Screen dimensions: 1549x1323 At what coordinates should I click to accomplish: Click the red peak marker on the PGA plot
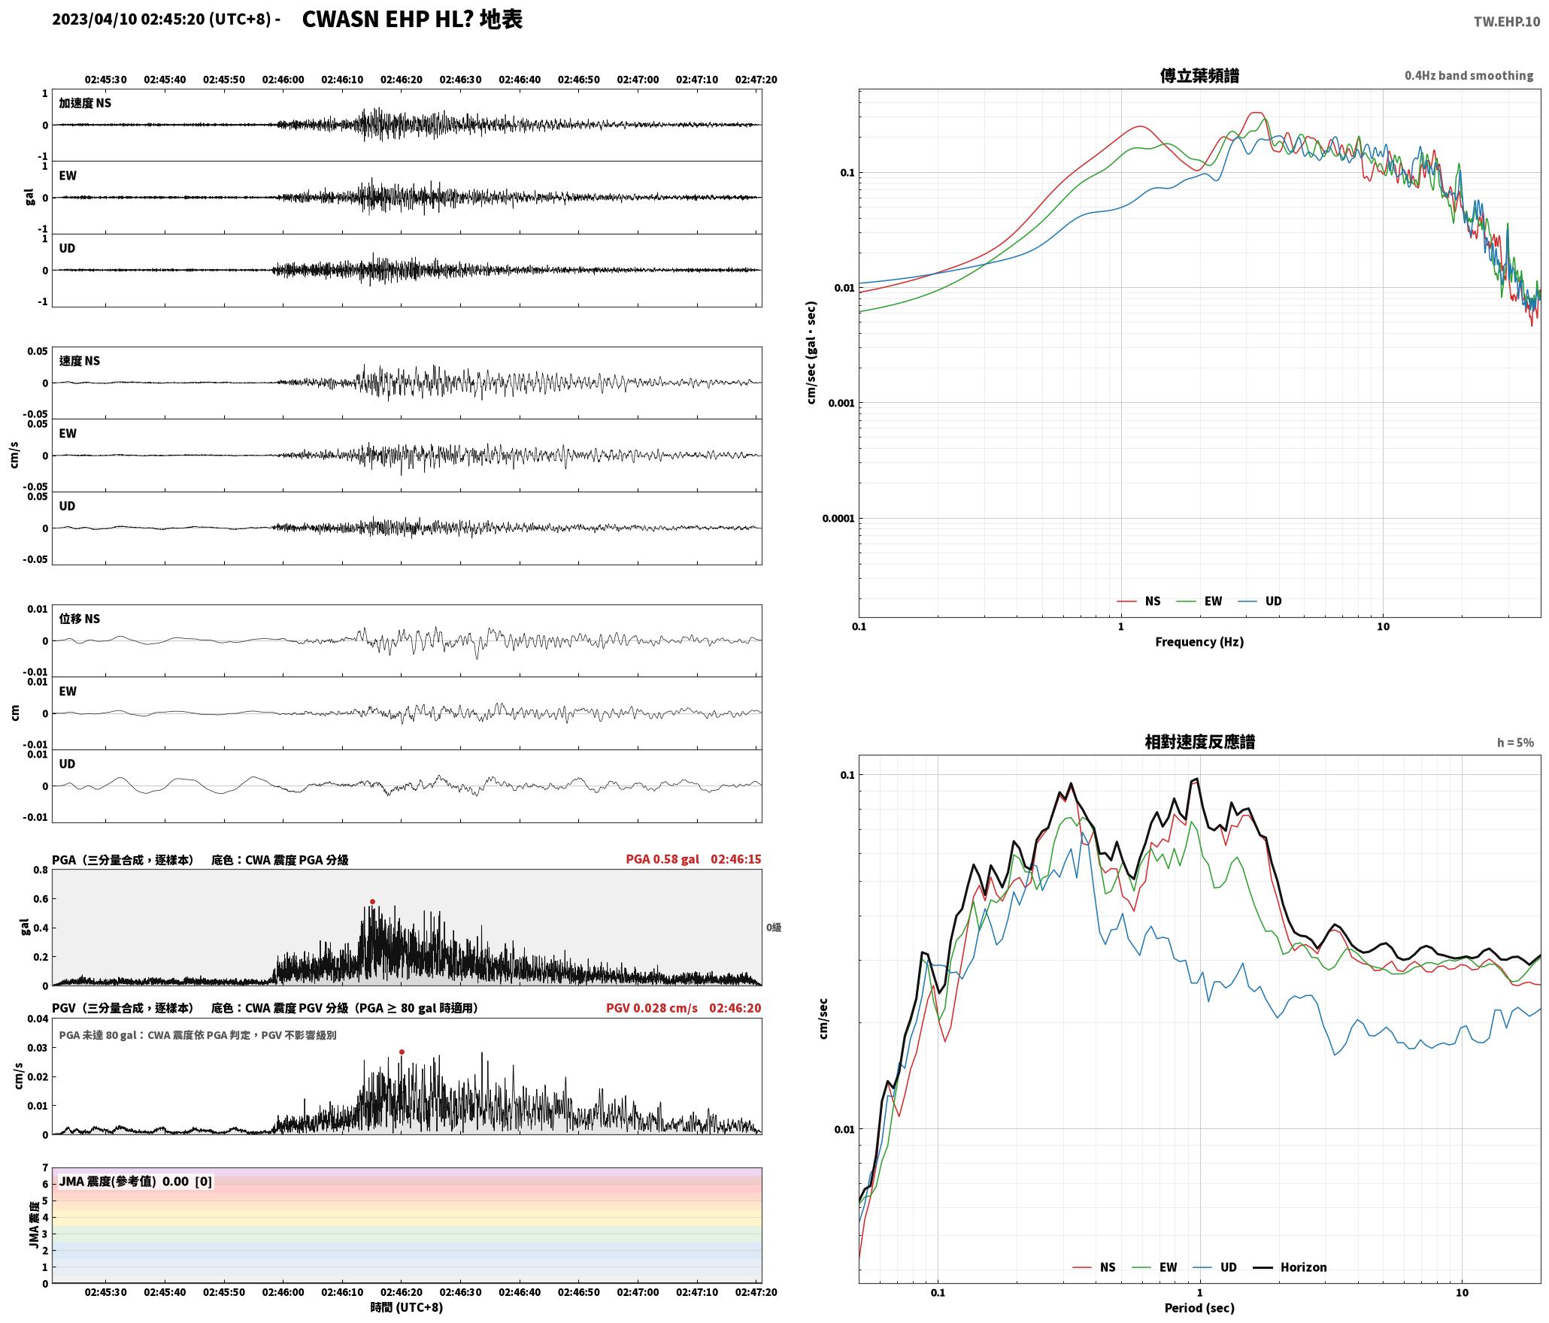click(x=372, y=901)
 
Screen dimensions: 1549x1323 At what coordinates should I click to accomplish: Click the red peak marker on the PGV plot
click(x=402, y=1052)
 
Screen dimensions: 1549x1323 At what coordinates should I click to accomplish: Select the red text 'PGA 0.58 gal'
click(x=662, y=859)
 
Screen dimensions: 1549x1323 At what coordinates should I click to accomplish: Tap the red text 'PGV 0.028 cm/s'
click(x=652, y=1008)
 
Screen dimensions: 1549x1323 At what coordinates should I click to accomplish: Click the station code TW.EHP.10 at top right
click(x=1506, y=22)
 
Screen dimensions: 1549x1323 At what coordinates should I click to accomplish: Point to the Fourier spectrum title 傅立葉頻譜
click(x=1199, y=76)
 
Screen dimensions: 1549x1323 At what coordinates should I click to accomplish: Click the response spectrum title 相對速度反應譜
click(x=1199, y=742)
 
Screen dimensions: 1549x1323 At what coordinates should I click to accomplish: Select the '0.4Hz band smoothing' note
click(x=1469, y=76)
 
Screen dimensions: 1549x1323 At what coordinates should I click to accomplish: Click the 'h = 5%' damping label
click(x=1515, y=743)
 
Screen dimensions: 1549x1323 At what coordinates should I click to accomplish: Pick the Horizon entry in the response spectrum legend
click(x=1291, y=1267)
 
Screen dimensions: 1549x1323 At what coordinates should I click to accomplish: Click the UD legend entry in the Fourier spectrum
click(x=1260, y=601)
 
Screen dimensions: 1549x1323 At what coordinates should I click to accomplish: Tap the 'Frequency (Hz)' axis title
click(x=1199, y=642)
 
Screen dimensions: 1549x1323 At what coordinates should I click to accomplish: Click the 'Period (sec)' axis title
click(x=1199, y=1308)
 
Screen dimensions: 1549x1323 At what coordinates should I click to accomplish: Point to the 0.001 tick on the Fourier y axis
click(x=841, y=403)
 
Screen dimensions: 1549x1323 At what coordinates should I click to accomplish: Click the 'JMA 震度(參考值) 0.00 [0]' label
click(x=135, y=1182)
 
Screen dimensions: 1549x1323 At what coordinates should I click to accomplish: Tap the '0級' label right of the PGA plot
click(x=774, y=928)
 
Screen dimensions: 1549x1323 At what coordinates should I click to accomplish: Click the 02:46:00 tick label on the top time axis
click(x=283, y=80)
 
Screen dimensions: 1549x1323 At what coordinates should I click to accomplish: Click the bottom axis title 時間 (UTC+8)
click(x=407, y=1307)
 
